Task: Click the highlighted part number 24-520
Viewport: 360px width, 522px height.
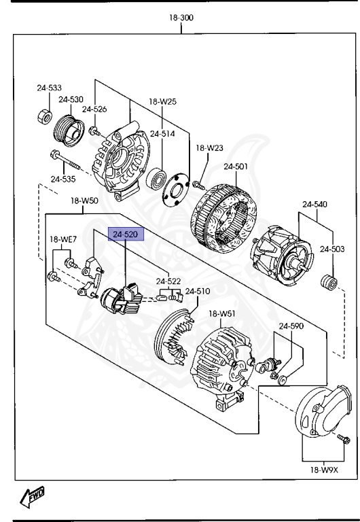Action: (x=125, y=235)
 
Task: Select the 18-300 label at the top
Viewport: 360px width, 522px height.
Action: (x=181, y=18)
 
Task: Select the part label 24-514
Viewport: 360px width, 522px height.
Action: (x=162, y=134)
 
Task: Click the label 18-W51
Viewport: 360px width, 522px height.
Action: (x=221, y=313)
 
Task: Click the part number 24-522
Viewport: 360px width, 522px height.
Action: (x=168, y=281)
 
